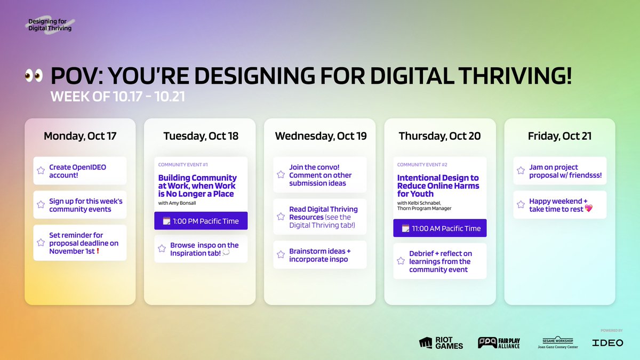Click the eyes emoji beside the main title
pyautogui.click(x=34, y=76)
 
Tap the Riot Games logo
pyautogui.click(x=441, y=343)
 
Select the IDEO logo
pyautogui.click(x=607, y=343)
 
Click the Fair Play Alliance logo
pyautogui.click(x=499, y=343)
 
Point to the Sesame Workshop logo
pyautogui.click(x=558, y=342)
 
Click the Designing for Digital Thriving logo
pyautogui.click(x=50, y=25)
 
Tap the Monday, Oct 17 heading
pyautogui.click(x=80, y=136)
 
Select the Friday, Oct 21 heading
pyautogui.click(x=559, y=136)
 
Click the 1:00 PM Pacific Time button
pyautogui.click(x=201, y=221)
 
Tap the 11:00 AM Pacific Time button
pyautogui.click(x=439, y=228)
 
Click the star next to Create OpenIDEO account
pyautogui.click(x=41, y=171)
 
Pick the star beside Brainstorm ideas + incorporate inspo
pyautogui.click(x=281, y=254)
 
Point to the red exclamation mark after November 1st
pyautogui.click(x=98, y=251)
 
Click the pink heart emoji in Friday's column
pyautogui.click(x=589, y=209)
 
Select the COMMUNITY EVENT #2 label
pyautogui.click(x=422, y=165)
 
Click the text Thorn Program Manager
pyautogui.click(x=425, y=209)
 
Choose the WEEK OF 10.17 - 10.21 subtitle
pyautogui.click(x=118, y=97)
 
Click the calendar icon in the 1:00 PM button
pyautogui.click(x=166, y=221)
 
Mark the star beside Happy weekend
pyautogui.click(x=521, y=205)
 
